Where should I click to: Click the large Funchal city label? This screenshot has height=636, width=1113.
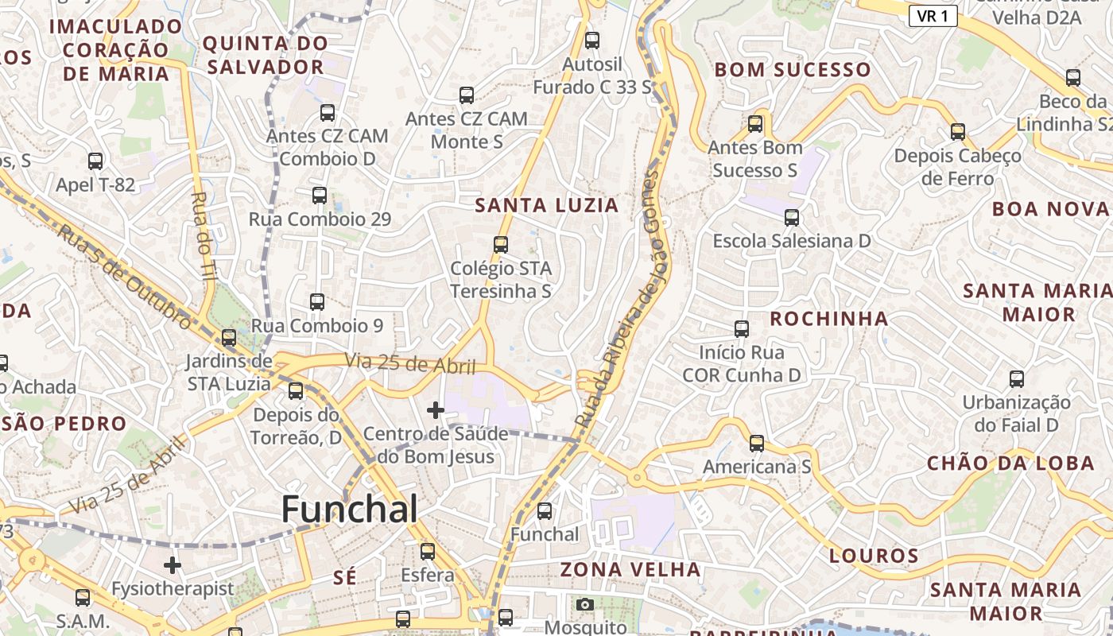pyautogui.click(x=350, y=510)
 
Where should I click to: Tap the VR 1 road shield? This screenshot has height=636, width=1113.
pyautogui.click(x=933, y=16)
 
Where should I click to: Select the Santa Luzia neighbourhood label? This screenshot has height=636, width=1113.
pyautogui.click(x=546, y=206)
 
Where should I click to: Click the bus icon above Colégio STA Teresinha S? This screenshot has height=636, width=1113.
pyautogui.click(x=501, y=245)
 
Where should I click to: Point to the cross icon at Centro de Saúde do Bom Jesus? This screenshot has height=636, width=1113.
pyautogui.click(x=436, y=410)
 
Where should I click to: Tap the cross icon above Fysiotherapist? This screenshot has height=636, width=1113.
pyautogui.click(x=173, y=565)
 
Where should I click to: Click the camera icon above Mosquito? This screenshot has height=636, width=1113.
pyautogui.click(x=585, y=604)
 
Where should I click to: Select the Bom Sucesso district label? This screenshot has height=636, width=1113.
pyautogui.click(x=793, y=70)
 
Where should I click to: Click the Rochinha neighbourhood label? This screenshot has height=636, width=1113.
pyautogui.click(x=829, y=319)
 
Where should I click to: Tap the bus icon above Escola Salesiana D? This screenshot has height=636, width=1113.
pyautogui.click(x=792, y=218)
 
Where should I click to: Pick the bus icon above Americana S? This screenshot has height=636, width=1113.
pyautogui.click(x=757, y=443)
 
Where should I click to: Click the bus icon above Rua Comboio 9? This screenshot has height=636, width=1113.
pyautogui.click(x=317, y=302)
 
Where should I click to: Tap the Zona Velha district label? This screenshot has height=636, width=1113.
pyautogui.click(x=630, y=569)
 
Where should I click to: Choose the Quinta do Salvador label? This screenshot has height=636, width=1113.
pyautogui.click(x=266, y=55)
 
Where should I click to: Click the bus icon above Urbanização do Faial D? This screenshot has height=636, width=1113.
pyautogui.click(x=1017, y=379)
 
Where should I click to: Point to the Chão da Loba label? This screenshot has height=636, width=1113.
pyautogui.click(x=1010, y=463)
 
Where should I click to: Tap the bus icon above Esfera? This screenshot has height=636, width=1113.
pyautogui.click(x=428, y=551)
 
